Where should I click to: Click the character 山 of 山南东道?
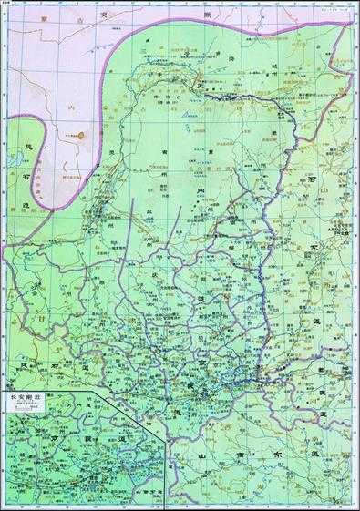pos(202,453)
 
